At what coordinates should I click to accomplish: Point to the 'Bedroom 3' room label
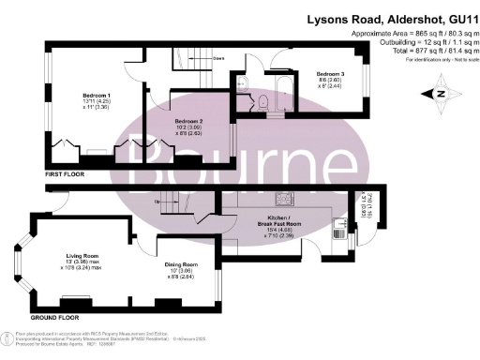[331, 74]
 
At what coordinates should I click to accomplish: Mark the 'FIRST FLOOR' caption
[67, 174]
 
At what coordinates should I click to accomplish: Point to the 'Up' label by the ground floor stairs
[156, 200]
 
